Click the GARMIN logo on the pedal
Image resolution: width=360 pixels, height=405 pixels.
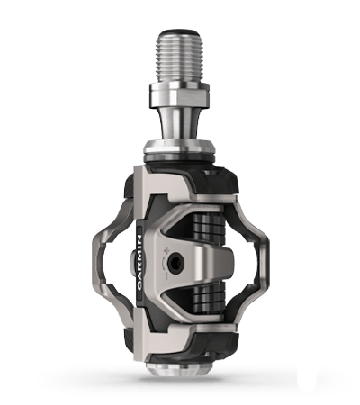tap(139, 263)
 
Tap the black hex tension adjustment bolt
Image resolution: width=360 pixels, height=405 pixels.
tap(175, 263)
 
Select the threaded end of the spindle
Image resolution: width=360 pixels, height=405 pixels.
tap(180, 57)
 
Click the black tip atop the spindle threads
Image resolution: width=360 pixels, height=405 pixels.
tap(180, 31)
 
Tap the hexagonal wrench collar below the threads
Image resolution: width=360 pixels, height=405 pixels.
tap(180, 95)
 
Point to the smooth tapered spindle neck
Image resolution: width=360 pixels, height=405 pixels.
tap(180, 124)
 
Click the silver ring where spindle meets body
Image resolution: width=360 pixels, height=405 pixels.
tap(180, 150)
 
